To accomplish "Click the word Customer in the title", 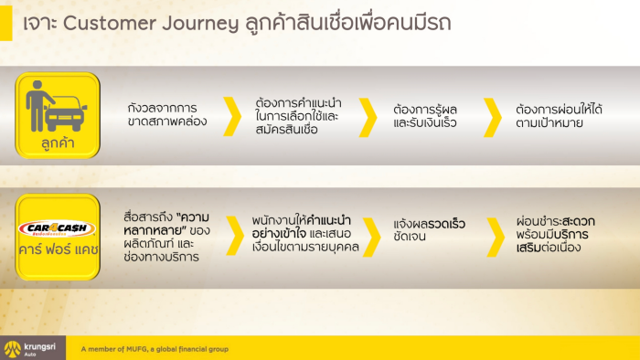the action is pyautogui.click(x=110, y=23).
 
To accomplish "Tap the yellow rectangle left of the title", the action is pyautogui.click(x=6, y=23).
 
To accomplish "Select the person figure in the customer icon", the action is pyautogui.click(x=37, y=106).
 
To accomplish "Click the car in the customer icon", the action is pyautogui.click(x=66, y=113).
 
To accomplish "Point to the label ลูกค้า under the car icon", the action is pyautogui.click(x=58, y=143).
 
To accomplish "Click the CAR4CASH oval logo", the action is pyautogui.click(x=57, y=228).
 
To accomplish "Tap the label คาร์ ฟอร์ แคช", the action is pyautogui.click(x=58, y=249).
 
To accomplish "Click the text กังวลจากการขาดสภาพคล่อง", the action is pyautogui.click(x=167, y=114).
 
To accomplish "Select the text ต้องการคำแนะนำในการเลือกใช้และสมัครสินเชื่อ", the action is pyautogui.click(x=298, y=116).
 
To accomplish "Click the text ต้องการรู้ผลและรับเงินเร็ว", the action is pyautogui.click(x=425, y=116).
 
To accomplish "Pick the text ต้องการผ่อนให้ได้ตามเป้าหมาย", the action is pyautogui.click(x=559, y=116).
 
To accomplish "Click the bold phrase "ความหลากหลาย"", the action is pyautogui.click(x=166, y=224).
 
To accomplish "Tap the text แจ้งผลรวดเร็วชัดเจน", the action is pyautogui.click(x=430, y=229).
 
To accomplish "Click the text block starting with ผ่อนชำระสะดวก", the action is pyautogui.click(x=556, y=234).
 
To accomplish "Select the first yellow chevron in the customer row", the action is pyautogui.click(x=232, y=117).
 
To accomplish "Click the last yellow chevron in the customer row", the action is pyautogui.click(x=493, y=117).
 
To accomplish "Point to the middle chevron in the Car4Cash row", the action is pyautogui.click(x=372, y=237).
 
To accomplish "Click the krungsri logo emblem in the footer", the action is pyautogui.click(x=12, y=349).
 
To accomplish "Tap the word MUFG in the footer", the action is pyautogui.click(x=137, y=349).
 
